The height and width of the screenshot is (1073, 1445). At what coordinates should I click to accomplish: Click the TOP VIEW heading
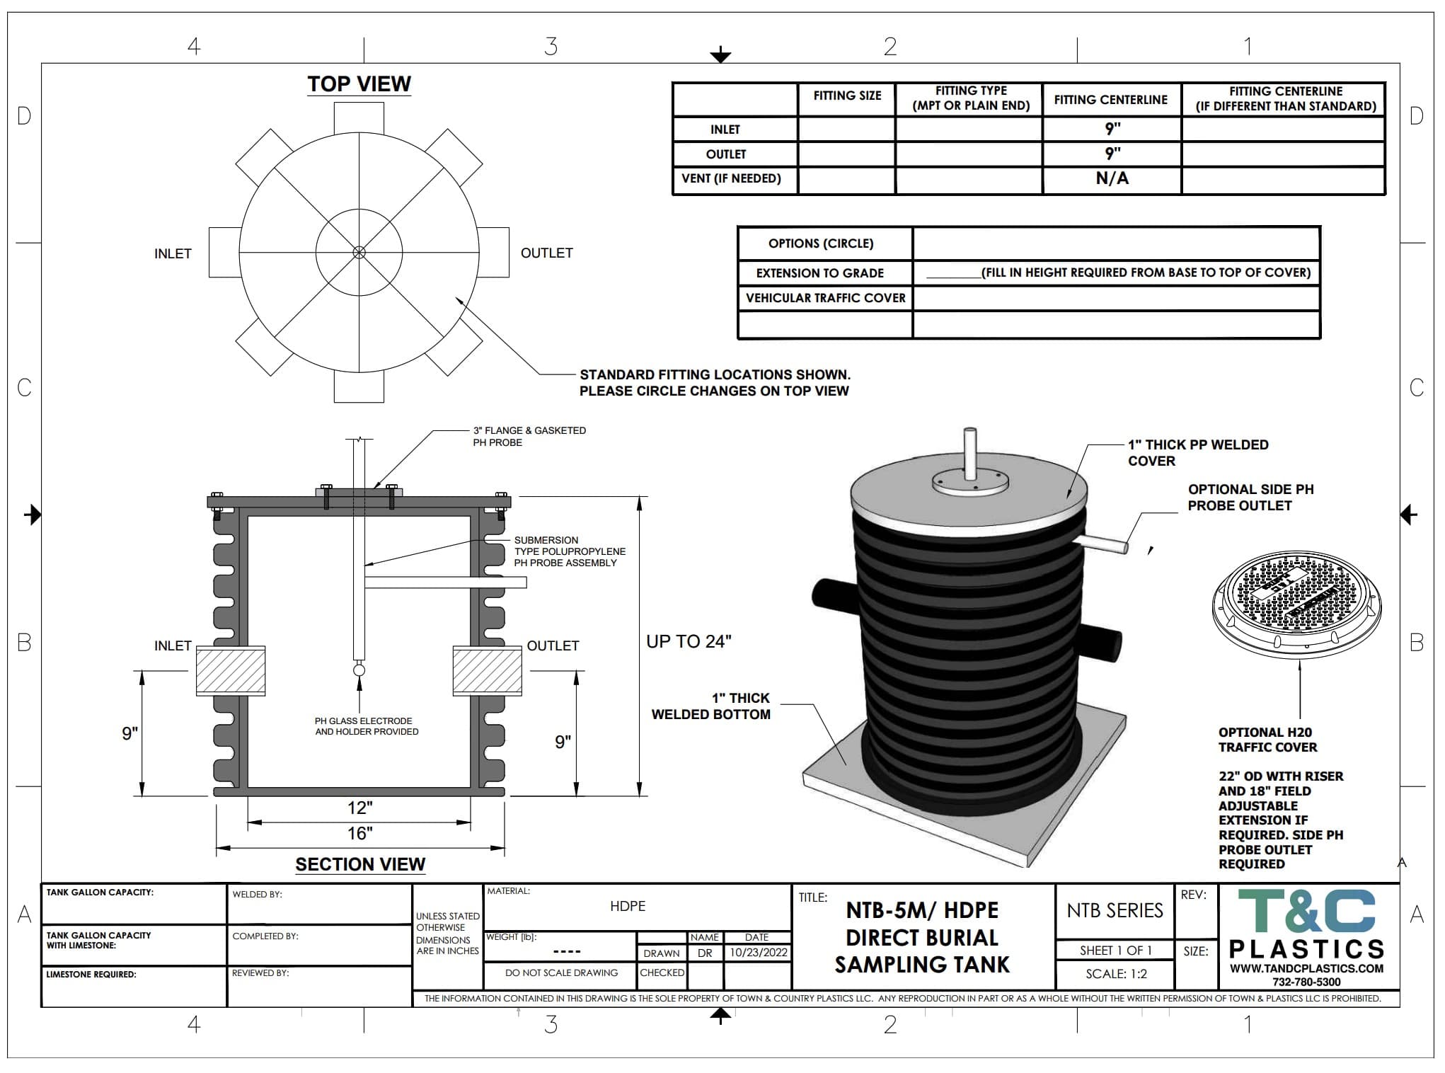click(359, 84)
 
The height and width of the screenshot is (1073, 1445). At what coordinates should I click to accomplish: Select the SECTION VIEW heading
click(360, 864)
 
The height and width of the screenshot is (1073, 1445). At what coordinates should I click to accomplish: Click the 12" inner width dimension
click(360, 808)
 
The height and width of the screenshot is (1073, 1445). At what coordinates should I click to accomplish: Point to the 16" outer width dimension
click(360, 834)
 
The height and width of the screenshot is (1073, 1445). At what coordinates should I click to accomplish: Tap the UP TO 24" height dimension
click(689, 642)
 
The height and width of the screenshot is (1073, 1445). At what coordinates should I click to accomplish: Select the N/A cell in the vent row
click(1112, 179)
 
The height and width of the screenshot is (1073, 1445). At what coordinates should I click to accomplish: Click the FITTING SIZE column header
click(847, 96)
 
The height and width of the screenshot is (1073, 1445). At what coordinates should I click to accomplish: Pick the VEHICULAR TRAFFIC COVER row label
click(825, 298)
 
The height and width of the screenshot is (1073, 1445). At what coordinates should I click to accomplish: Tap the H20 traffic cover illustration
click(1296, 600)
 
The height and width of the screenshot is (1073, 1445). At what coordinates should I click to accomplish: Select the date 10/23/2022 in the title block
click(759, 953)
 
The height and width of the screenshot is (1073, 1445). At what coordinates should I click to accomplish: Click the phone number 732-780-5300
click(1306, 982)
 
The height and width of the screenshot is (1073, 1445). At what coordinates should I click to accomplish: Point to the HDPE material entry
click(628, 907)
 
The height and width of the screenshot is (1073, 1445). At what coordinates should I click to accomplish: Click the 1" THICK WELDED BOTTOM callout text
click(711, 706)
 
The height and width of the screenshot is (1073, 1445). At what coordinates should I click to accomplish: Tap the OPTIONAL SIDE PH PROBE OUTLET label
click(1250, 498)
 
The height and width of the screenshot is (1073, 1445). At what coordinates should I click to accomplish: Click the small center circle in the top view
click(359, 253)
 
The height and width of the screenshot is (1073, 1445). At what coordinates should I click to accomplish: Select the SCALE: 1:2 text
click(1116, 974)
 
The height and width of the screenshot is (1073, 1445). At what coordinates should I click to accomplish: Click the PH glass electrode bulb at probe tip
click(359, 670)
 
